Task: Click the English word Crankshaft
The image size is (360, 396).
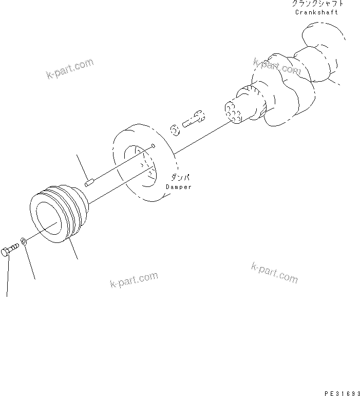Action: pos(316,12)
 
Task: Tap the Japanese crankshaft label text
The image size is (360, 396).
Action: pos(316,4)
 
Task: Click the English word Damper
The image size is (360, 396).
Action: pos(178,187)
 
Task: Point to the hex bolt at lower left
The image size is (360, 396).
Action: pos(11,251)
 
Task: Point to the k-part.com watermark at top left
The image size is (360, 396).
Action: pos(70,69)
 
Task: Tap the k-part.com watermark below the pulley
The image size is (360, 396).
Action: pos(134,280)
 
